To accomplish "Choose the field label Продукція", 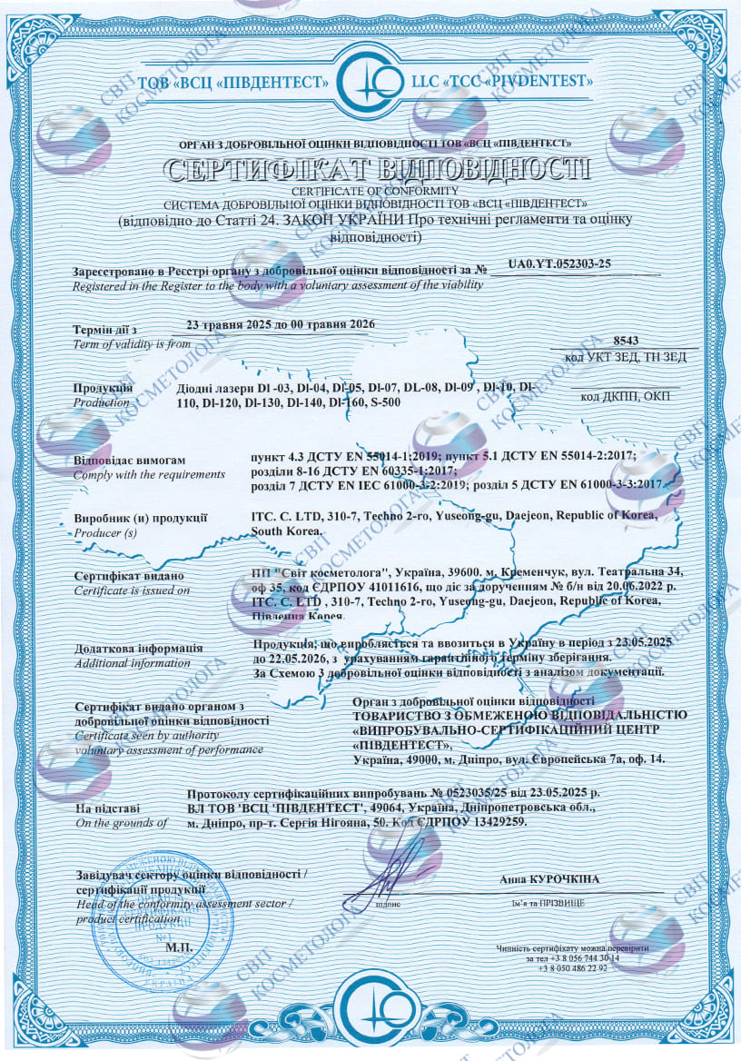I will (x=104, y=388).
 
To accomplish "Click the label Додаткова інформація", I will (x=139, y=649).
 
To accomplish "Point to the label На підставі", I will (x=107, y=808).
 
